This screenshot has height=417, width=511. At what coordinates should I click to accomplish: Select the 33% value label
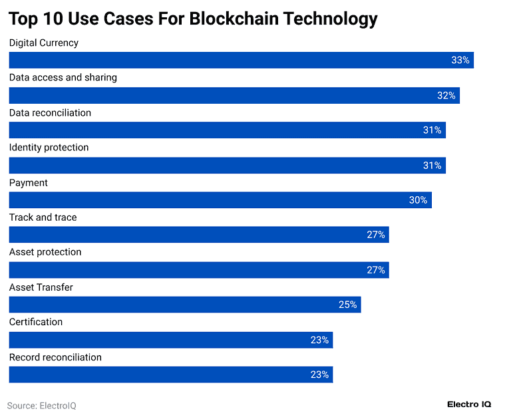[460, 60]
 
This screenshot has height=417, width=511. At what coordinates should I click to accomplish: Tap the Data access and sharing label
[63, 77]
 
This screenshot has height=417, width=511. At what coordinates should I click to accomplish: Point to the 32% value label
[446, 95]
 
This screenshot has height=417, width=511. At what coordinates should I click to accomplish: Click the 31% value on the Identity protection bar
[432, 165]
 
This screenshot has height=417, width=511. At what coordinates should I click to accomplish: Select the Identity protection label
[49, 147]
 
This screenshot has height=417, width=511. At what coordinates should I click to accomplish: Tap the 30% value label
[418, 200]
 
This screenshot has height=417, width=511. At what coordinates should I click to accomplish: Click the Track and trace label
[43, 217]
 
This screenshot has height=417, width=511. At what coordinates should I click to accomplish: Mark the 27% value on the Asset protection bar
[376, 270]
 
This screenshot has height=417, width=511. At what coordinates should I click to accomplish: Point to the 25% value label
[348, 305]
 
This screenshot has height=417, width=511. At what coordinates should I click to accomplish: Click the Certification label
[35, 322]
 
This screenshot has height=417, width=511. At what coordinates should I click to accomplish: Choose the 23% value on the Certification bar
[319, 340]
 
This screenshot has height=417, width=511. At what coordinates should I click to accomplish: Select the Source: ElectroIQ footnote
[41, 405]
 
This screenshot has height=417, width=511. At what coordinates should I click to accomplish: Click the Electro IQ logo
[469, 404]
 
